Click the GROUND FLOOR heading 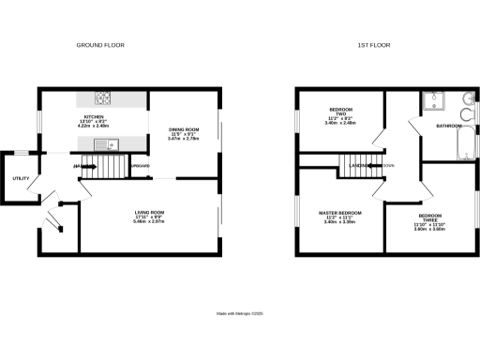(x=99, y=45)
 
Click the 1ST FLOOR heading (x=373, y=45)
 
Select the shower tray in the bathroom (x=436, y=100)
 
